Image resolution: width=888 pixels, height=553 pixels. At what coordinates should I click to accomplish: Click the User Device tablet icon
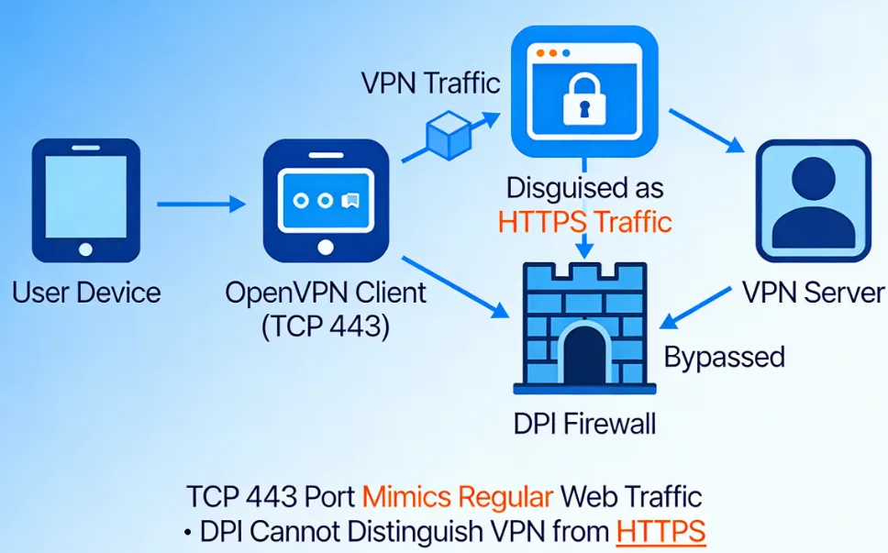click(86, 201)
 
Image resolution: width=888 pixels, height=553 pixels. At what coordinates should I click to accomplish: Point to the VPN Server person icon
click(812, 201)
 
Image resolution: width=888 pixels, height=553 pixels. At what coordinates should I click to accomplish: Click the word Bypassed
click(724, 356)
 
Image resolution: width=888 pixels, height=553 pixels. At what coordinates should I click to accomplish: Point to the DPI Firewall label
click(585, 424)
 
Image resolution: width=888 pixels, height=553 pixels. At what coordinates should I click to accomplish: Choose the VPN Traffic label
click(431, 83)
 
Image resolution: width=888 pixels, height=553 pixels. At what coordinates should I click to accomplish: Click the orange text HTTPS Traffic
click(584, 221)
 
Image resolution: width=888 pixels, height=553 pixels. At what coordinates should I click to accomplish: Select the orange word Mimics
click(421, 497)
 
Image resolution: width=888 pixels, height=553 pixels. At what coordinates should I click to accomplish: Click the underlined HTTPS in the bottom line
click(660, 530)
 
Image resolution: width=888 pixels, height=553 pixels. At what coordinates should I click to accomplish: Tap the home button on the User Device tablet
click(86, 249)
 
